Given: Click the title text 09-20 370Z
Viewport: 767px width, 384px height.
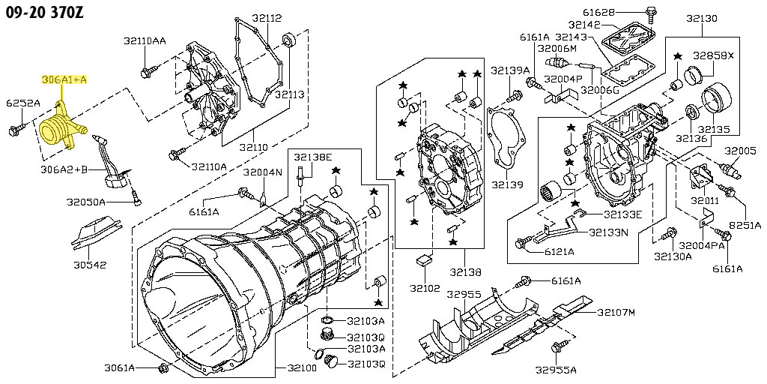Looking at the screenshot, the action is click(44, 12).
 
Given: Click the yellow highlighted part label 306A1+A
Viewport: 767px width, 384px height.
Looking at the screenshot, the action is click(64, 79).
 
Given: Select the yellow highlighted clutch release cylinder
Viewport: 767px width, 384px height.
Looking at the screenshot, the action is click(61, 126).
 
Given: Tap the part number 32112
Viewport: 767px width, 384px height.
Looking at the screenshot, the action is click(267, 18).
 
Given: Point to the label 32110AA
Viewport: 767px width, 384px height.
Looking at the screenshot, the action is click(145, 42).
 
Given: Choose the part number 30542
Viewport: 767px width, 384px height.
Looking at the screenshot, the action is click(89, 265).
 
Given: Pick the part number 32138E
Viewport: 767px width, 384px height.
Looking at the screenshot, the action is click(313, 157).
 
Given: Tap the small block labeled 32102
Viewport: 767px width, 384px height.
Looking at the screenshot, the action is click(425, 259).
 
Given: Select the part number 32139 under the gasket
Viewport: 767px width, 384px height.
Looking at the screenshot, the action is click(507, 185).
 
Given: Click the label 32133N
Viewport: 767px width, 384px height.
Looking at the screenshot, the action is click(608, 232).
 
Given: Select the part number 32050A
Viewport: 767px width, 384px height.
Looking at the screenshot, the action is click(85, 202).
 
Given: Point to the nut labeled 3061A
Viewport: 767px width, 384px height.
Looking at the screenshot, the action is click(163, 367).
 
